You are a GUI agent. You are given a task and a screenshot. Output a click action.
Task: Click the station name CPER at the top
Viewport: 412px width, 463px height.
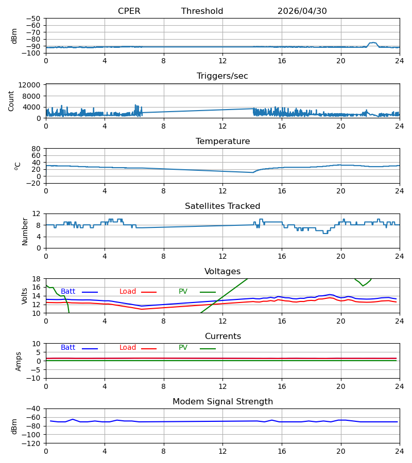click(129, 11)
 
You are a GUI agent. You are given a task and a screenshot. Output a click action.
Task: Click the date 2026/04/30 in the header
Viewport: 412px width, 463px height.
click(302, 11)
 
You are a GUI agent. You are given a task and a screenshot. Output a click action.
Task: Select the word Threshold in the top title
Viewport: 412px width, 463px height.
click(202, 11)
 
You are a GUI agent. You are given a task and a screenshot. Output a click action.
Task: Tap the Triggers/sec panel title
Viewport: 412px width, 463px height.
click(222, 76)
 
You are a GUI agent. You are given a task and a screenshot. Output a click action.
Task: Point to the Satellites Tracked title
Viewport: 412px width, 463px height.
click(222, 206)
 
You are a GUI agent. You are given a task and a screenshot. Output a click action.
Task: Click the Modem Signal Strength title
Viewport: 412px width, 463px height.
click(223, 402)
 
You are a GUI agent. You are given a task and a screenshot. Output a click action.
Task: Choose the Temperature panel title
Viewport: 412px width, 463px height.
click(223, 141)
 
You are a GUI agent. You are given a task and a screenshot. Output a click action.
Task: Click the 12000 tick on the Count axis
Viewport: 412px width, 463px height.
click(29, 85)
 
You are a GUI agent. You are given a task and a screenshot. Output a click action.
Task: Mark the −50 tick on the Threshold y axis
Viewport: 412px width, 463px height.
click(33, 19)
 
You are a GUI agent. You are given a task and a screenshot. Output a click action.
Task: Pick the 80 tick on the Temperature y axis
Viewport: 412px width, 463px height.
click(36, 149)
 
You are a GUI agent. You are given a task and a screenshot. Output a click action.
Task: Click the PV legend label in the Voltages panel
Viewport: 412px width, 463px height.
click(183, 292)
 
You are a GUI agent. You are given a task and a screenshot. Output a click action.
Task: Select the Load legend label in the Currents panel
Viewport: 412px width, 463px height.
click(128, 348)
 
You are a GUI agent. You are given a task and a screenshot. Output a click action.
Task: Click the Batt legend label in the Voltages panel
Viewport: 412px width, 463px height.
click(68, 292)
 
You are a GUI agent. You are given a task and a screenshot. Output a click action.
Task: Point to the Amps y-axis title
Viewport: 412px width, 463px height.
click(19, 362)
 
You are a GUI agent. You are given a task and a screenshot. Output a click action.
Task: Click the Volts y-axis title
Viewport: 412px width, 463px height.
click(24, 296)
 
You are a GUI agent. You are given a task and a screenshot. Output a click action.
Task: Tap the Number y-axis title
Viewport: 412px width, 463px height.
click(25, 232)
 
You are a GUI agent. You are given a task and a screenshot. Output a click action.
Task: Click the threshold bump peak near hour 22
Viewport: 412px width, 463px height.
click(373, 43)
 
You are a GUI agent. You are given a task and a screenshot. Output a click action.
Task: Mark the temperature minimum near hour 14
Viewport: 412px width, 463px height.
click(253, 172)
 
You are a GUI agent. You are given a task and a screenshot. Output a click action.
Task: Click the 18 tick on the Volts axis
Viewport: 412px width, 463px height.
click(36, 279)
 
